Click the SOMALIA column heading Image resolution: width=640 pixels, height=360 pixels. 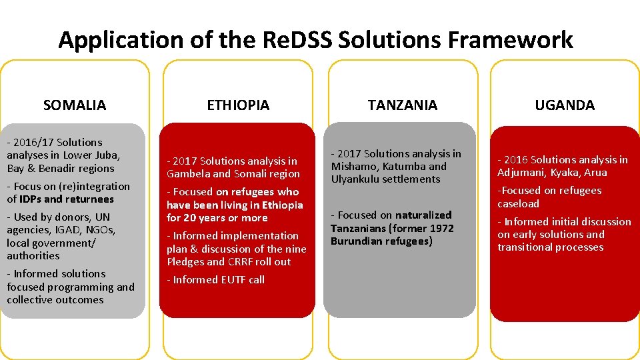pyautogui.click(x=74, y=105)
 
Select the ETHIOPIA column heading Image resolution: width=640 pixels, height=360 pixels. pyautogui.click(x=238, y=105)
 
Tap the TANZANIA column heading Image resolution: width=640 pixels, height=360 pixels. pyautogui.click(x=402, y=105)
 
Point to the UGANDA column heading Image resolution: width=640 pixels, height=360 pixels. pyautogui.click(x=565, y=105)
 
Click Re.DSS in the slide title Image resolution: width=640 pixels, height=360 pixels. pyautogui.click(x=293, y=40)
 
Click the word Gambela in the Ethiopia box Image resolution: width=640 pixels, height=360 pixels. pyautogui.click(x=191, y=174)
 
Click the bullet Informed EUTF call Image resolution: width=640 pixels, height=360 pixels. pyautogui.click(x=215, y=280)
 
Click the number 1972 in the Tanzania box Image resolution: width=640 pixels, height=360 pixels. pyautogui.click(x=441, y=228)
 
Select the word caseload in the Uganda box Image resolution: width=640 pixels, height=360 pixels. pyautogui.click(x=518, y=204)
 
